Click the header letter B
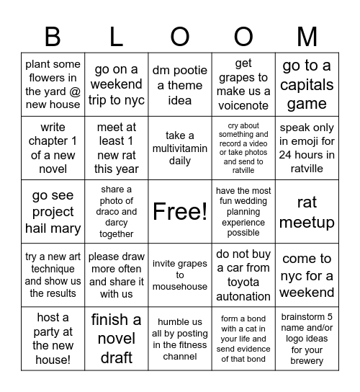click(53, 36)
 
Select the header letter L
click(116, 36)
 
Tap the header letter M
click(307, 36)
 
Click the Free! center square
click(179, 211)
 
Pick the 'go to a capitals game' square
click(307, 85)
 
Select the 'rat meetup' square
click(307, 212)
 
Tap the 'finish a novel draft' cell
click(116, 338)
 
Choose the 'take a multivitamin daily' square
click(179, 148)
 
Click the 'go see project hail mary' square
click(53, 212)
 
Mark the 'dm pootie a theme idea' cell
click(179, 85)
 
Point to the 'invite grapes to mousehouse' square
click(179, 275)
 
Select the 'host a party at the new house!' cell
click(53, 338)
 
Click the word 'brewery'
click(307, 360)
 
